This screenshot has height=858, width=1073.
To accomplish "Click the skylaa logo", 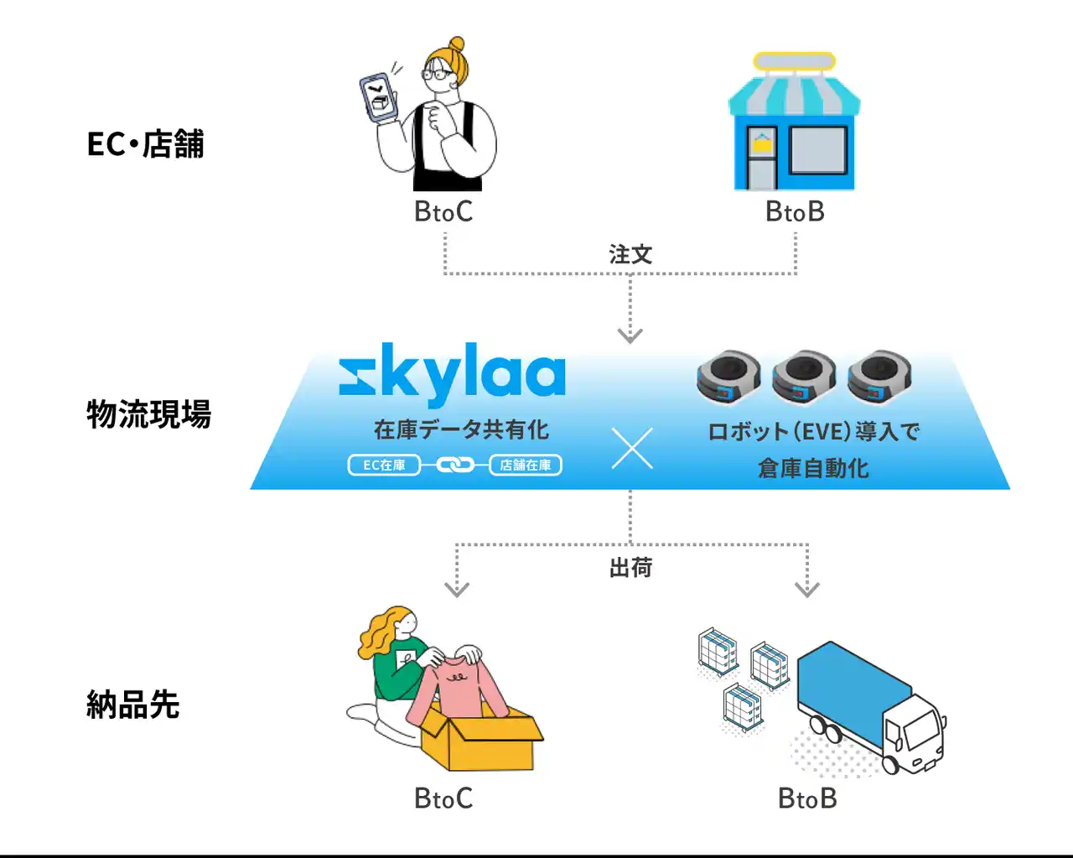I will pyautogui.click(x=452, y=374).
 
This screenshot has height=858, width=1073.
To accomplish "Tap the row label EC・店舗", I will pyautogui.click(x=146, y=144).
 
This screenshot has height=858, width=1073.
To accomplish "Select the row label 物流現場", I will pyautogui.click(x=148, y=414).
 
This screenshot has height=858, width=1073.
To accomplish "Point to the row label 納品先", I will pyautogui.click(x=133, y=705).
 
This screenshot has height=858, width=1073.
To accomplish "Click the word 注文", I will pyautogui.click(x=630, y=254).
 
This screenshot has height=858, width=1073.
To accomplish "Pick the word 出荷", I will pyautogui.click(x=630, y=568).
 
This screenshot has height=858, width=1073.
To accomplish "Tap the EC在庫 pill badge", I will pyautogui.click(x=384, y=465).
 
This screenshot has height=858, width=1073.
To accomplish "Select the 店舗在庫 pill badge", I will pyautogui.click(x=526, y=465).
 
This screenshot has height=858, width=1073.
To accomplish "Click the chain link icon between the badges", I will pyautogui.click(x=455, y=465).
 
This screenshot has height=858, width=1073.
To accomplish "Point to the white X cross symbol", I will pyautogui.click(x=632, y=449).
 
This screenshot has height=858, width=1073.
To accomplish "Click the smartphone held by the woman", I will pyautogui.click(x=378, y=98).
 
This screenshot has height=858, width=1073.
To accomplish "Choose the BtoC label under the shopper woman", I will pyautogui.click(x=443, y=212).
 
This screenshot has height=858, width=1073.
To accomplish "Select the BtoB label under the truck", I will pyautogui.click(x=807, y=798).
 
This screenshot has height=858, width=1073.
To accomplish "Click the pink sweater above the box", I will pyautogui.click(x=457, y=688).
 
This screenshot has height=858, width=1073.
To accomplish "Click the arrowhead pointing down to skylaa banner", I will pyautogui.click(x=630, y=335).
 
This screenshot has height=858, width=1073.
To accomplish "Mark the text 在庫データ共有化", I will pyautogui.click(x=461, y=429).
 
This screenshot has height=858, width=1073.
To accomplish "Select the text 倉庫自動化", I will pyautogui.click(x=813, y=468).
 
